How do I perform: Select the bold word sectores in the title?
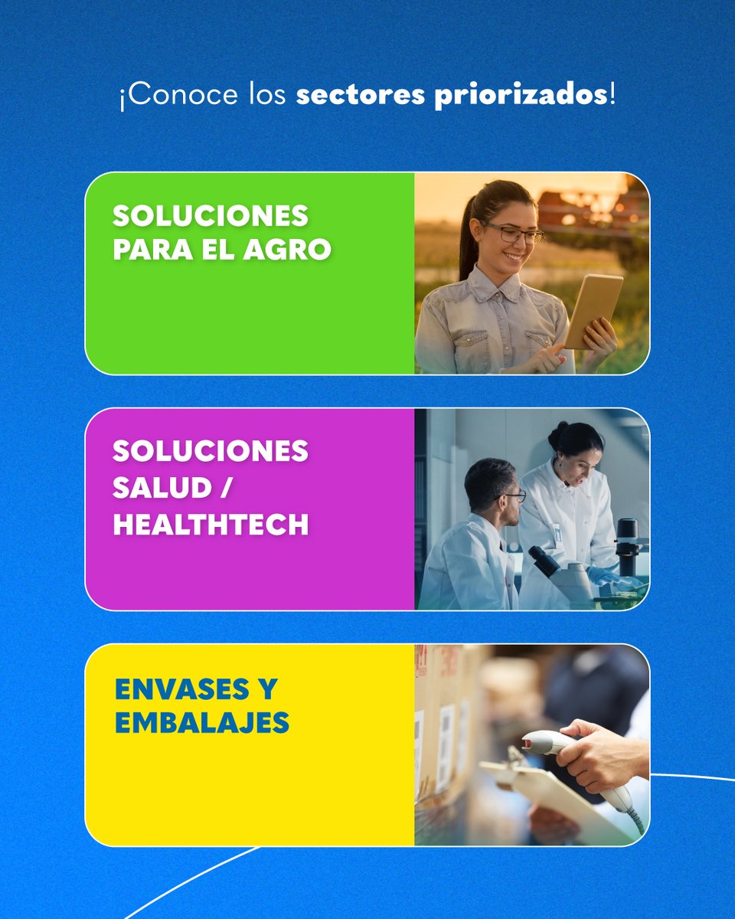coord(360,97)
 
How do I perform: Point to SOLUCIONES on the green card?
coord(211,216)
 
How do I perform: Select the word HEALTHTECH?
coord(211,525)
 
